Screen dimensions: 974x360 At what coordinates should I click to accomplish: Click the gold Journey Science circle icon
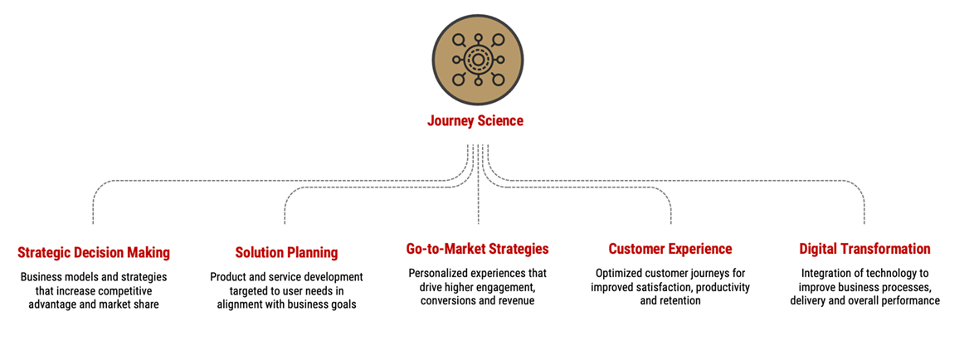point(478,60)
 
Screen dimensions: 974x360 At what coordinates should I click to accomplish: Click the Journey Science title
point(475,121)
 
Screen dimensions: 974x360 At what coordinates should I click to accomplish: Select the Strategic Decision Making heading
point(94,253)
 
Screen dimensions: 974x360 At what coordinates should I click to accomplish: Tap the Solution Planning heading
point(286,253)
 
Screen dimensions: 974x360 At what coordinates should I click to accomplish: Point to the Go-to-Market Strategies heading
point(478,249)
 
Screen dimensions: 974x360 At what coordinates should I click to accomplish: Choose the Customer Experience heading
point(670,249)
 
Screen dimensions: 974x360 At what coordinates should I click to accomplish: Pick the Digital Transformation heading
point(864,249)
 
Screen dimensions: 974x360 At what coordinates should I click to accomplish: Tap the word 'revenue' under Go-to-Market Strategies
point(515,301)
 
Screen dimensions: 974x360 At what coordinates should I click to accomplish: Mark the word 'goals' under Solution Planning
point(343,304)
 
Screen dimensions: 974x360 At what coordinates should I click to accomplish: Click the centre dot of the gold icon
point(478,60)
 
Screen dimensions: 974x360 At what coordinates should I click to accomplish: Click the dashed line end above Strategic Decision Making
point(93,223)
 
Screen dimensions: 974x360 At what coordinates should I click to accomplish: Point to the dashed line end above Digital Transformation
point(864,223)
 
